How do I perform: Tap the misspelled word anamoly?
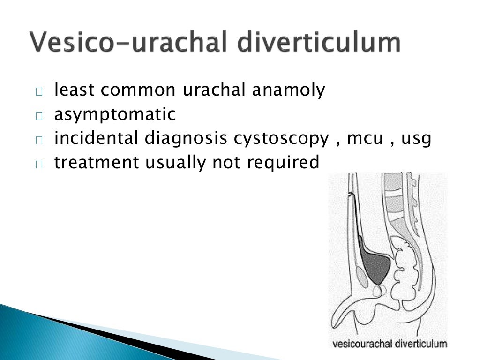tap(288, 90)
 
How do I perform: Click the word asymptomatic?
tap(115, 114)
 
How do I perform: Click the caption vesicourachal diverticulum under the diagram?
tap(390, 345)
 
